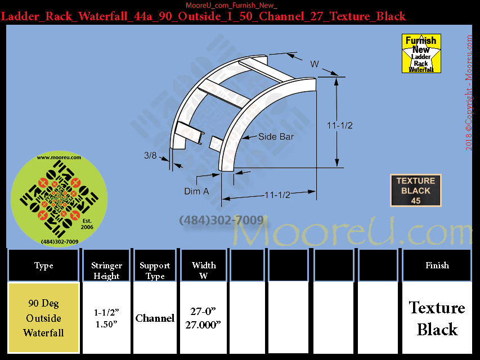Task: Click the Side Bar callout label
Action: click(x=276, y=137)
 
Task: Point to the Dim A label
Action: click(x=196, y=191)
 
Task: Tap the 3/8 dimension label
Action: click(x=150, y=155)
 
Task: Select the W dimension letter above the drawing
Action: click(x=315, y=64)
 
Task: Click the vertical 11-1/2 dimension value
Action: click(x=340, y=125)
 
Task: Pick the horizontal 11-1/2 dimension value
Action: click(x=277, y=195)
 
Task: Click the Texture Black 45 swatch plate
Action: click(x=416, y=191)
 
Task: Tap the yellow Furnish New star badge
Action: click(x=421, y=53)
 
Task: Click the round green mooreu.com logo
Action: click(x=59, y=199)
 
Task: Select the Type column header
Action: click(x=43, y=265)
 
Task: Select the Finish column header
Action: click(x=437, y=265)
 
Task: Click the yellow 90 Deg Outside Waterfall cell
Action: click(x=43, y=318)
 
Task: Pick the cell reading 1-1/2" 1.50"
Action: click(x=106, y=318)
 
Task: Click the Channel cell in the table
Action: click(x=155, y=318)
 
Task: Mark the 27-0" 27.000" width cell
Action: click(x=203, y=318)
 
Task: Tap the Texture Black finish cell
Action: click(x=437, y=318)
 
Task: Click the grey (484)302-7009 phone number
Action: click(x=221, y=220)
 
